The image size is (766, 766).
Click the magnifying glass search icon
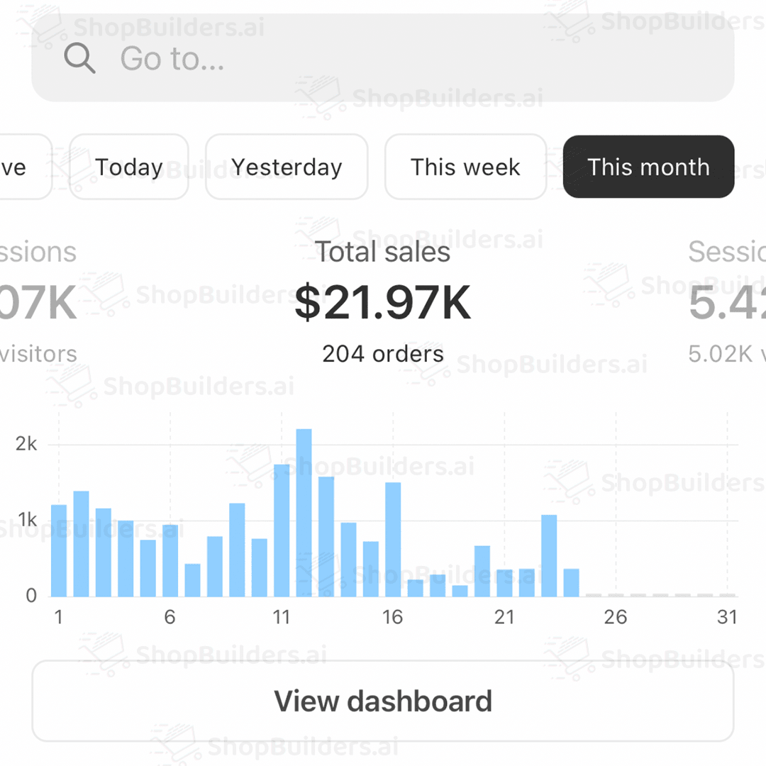79,58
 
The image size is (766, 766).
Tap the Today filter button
129,167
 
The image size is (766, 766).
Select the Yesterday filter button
287,167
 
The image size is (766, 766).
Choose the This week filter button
465,167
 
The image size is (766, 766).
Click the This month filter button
648,167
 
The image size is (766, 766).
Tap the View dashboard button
383,701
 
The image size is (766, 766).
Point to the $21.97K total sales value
383,304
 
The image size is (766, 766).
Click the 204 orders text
383,353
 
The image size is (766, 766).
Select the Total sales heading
383,252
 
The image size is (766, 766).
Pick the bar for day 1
59,550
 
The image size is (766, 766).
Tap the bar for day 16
393,539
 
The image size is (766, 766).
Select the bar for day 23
549,555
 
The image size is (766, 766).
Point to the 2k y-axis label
26,444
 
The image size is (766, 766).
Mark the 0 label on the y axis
31,596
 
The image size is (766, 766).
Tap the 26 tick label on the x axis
616,617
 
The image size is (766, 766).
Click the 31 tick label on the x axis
727,617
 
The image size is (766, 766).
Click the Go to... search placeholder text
172,58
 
